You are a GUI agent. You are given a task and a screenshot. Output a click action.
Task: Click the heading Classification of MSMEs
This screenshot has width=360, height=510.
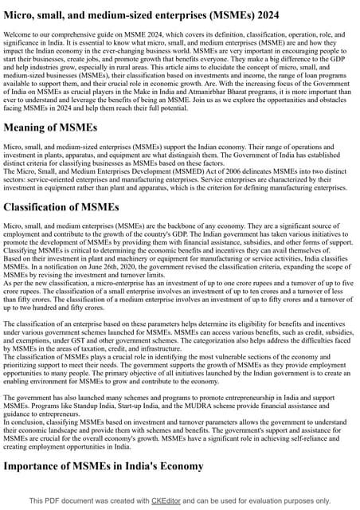pyautogui.click(x=61, y=207)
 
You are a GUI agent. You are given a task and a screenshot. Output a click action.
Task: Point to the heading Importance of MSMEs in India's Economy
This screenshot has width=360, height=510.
pyautogui.click(x=103, y=466)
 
